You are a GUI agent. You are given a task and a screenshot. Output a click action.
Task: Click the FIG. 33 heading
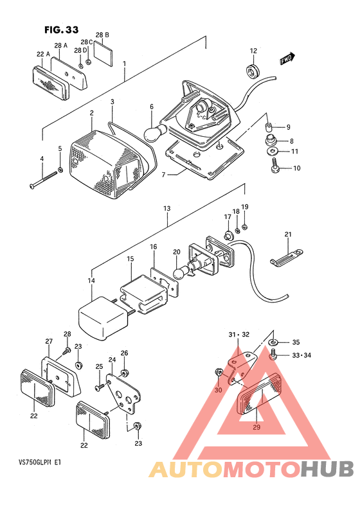click(x=62, y=30)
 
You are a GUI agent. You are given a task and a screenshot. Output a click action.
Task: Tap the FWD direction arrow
click(x=287, y=58)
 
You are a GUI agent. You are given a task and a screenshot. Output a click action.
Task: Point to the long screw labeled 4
click(x=43, y=179)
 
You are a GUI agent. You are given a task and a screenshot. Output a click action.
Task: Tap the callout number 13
click(x=167, y=208)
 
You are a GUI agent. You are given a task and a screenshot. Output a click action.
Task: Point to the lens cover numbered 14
click(x=104, y=319)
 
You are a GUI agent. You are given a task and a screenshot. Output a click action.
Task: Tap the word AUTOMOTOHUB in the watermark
click(x=251, y=470)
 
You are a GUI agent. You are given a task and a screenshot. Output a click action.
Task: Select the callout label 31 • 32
click(x=239, y=335)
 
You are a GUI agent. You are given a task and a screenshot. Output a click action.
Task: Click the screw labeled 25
click(x=99, y=387)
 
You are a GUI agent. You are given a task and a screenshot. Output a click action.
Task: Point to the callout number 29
click(x=256, y=427)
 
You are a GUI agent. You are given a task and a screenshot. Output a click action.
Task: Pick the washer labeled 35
click(x=273, y=342)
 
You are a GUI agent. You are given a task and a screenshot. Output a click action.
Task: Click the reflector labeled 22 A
click(x=51, y=84)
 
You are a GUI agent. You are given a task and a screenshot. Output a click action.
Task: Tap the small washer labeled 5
click(x=60, y=170)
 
